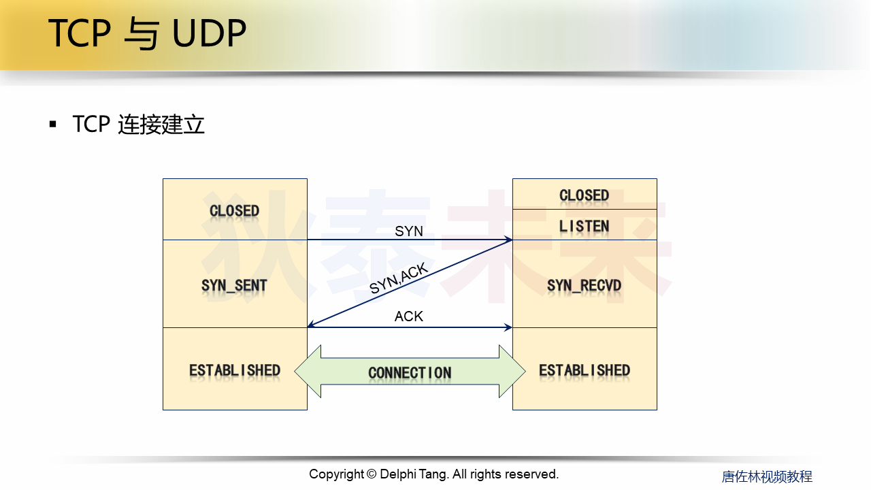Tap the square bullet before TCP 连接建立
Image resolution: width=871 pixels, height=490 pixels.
coord(53,125)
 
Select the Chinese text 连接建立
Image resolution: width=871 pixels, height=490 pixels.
coord(161,125)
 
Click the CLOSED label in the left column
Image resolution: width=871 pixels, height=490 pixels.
coord(235,211)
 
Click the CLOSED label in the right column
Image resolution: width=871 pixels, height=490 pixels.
coord(584,195)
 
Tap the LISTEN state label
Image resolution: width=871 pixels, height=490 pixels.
coord(584,226)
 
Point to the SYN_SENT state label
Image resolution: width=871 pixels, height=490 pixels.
coord(235,286)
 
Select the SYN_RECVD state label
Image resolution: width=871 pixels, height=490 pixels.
coord(584,286)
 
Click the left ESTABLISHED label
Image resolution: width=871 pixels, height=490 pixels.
coord(235,371)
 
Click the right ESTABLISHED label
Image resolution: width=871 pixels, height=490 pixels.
coord(584,371)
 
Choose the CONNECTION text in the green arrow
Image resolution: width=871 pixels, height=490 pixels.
coord(410,373)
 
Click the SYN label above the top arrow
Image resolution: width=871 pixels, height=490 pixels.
coord(409,231)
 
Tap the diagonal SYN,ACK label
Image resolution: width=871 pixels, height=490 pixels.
coord(399,279)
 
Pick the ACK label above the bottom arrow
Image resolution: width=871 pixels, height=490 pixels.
coord(409,316)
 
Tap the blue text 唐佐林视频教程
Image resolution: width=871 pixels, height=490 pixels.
coord(767,476)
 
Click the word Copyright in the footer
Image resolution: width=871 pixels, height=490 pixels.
coord(336,474)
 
